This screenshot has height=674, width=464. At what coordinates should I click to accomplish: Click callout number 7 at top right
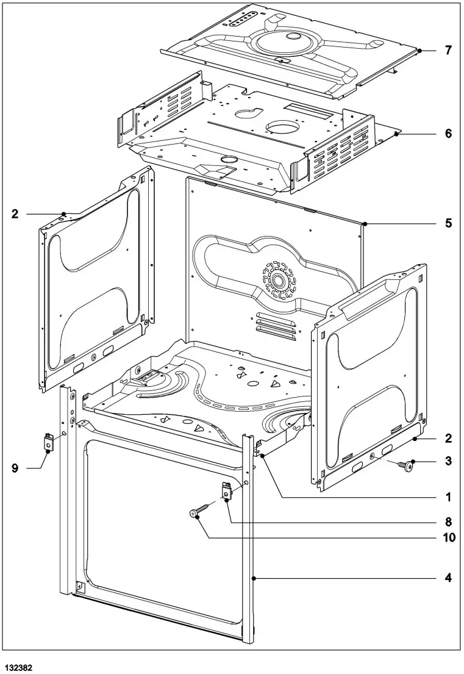pos(448,51)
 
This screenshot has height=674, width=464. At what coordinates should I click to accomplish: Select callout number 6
pos(448,133)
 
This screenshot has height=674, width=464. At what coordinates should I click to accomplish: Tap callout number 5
pos(448,223)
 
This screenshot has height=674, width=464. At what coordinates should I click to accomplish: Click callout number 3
pos(448,461)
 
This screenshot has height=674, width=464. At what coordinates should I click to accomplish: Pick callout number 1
pos(448,497)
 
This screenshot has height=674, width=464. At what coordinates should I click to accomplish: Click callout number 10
pos(448,538)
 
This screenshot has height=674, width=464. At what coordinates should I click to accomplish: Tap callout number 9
pos(15,468)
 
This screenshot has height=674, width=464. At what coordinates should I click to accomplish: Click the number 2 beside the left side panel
pos(15,213)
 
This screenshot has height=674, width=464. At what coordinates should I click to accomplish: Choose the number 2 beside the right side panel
pos(448,438)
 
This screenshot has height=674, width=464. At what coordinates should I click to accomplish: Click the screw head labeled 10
pos(195,514)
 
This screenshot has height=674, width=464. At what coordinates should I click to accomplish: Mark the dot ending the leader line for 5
pos(364,224)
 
